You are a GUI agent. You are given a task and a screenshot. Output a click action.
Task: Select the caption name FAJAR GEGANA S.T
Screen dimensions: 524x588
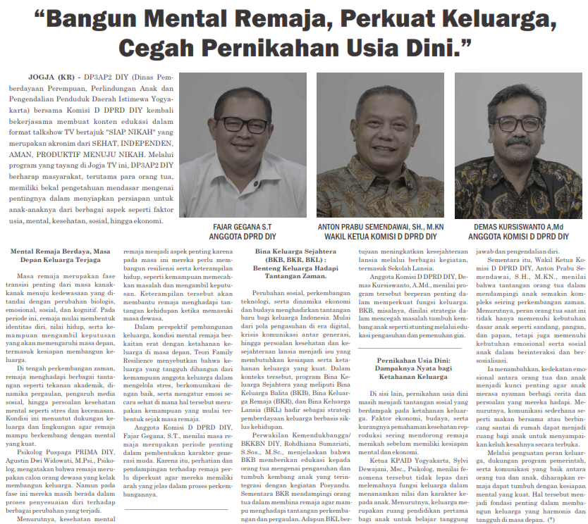(x=243, y=227)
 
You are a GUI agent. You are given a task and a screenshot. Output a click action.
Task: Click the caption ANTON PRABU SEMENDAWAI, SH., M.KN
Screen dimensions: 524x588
(x=380, y=227)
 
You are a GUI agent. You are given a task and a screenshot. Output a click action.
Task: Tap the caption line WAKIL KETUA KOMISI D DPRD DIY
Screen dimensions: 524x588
(x=380, y=237)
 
